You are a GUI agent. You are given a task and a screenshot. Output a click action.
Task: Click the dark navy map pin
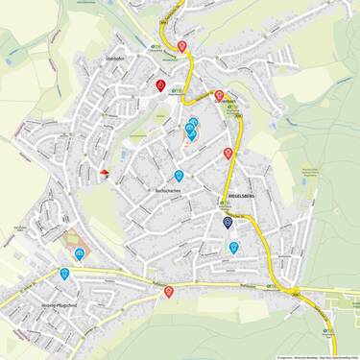click(228, 222)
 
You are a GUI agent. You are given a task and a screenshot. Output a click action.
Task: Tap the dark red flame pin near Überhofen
click(160, 85)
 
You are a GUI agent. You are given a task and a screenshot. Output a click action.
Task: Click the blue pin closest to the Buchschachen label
click(179, 176)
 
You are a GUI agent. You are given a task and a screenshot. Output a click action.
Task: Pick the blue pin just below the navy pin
click(233, 248)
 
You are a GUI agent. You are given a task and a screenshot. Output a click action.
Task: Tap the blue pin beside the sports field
click(79, 254)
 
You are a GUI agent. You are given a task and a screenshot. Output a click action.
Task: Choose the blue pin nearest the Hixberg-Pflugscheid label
click(64, 274)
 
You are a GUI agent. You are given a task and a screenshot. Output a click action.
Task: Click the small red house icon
click(104, 174)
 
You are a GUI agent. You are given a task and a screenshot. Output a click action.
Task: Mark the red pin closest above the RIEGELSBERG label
click(228, 154)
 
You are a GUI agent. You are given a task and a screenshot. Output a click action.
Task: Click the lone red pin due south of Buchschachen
click(169, 292)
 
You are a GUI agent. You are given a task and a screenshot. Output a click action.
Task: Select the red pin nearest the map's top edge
click(182, 44)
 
